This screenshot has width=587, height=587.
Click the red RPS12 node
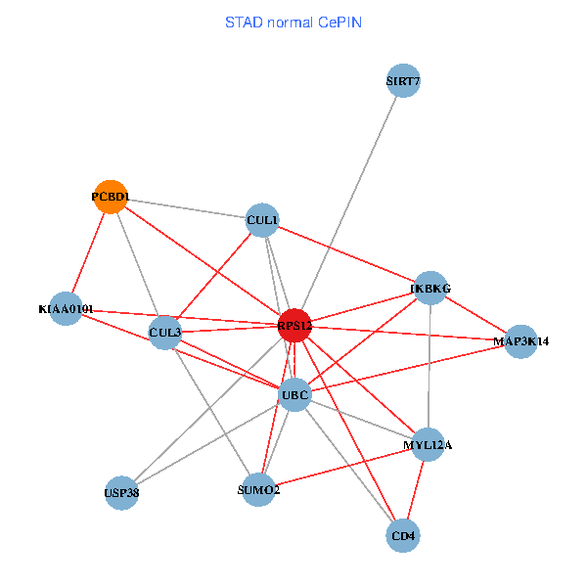tap(294, 325)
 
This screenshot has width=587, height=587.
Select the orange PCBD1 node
tap(111, 197)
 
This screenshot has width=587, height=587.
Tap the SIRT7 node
tap(403, 81)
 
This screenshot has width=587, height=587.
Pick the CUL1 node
tap(262, 221)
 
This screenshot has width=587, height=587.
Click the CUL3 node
tap(165, 333)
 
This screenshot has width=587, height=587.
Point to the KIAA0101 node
tap(66, 309)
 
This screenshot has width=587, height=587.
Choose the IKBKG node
tap(431, 288)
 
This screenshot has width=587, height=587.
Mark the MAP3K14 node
tap(521, 341)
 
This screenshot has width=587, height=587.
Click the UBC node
tap(294, 395)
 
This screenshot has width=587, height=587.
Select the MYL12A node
tap(429, 445)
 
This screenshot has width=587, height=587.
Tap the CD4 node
tap(403, 536)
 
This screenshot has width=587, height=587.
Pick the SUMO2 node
tap(259, 489)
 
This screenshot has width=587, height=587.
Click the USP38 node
tap(121, 493)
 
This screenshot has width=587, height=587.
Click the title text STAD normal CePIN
tap(293, 22)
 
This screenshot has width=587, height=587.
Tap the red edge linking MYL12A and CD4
tap(416, 490)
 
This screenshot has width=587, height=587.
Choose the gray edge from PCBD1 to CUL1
tap(186, 208)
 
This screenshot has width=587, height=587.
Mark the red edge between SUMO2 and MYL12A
tap(343, 468)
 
